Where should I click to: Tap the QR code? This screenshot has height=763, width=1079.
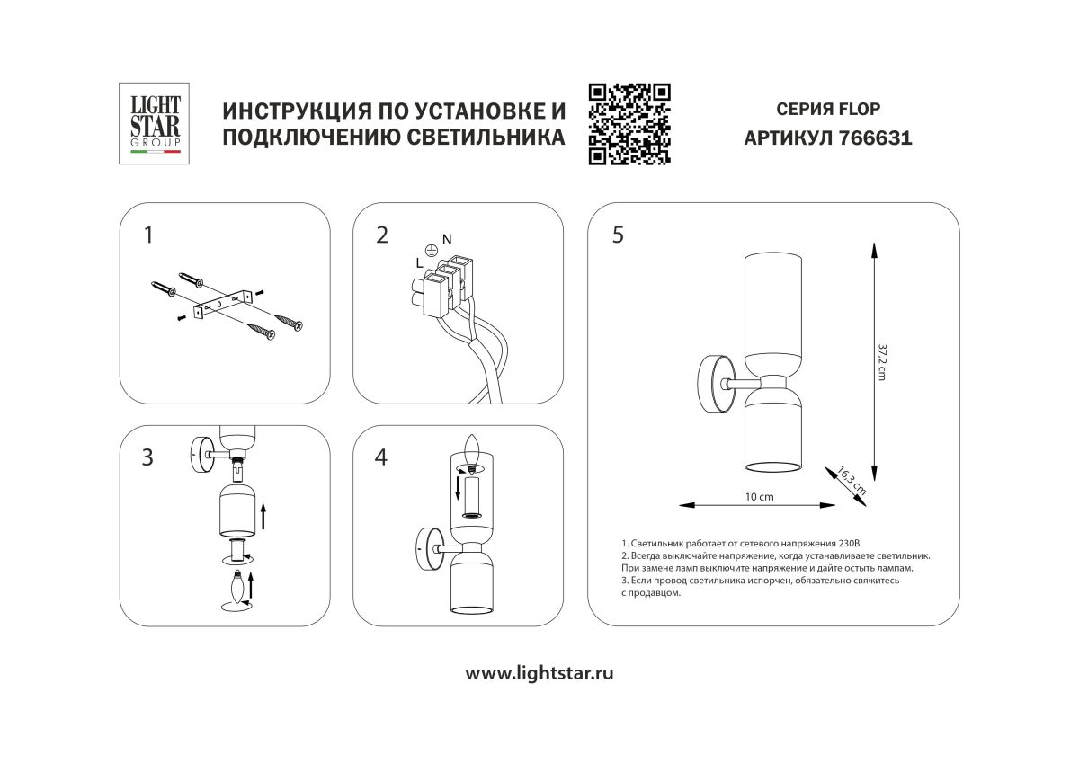(x=629, y=124)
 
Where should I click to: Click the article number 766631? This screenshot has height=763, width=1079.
(x=875, y=139)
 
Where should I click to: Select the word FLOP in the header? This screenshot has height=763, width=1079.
(x=859, y=110)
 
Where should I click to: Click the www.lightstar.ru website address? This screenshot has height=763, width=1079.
(x=539, y=673)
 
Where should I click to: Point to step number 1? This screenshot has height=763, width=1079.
(x=148, y=235)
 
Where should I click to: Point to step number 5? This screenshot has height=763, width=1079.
(x=617, y=235)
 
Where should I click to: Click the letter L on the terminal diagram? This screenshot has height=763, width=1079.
(x=419, y=262)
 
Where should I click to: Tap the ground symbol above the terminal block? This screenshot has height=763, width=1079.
(x=431, y=252)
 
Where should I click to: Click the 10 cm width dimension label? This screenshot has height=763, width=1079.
(x=759, y=497)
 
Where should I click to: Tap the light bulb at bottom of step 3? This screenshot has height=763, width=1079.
(x=238, y=589)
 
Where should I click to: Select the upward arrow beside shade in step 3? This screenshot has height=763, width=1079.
(x=263, y=516)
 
